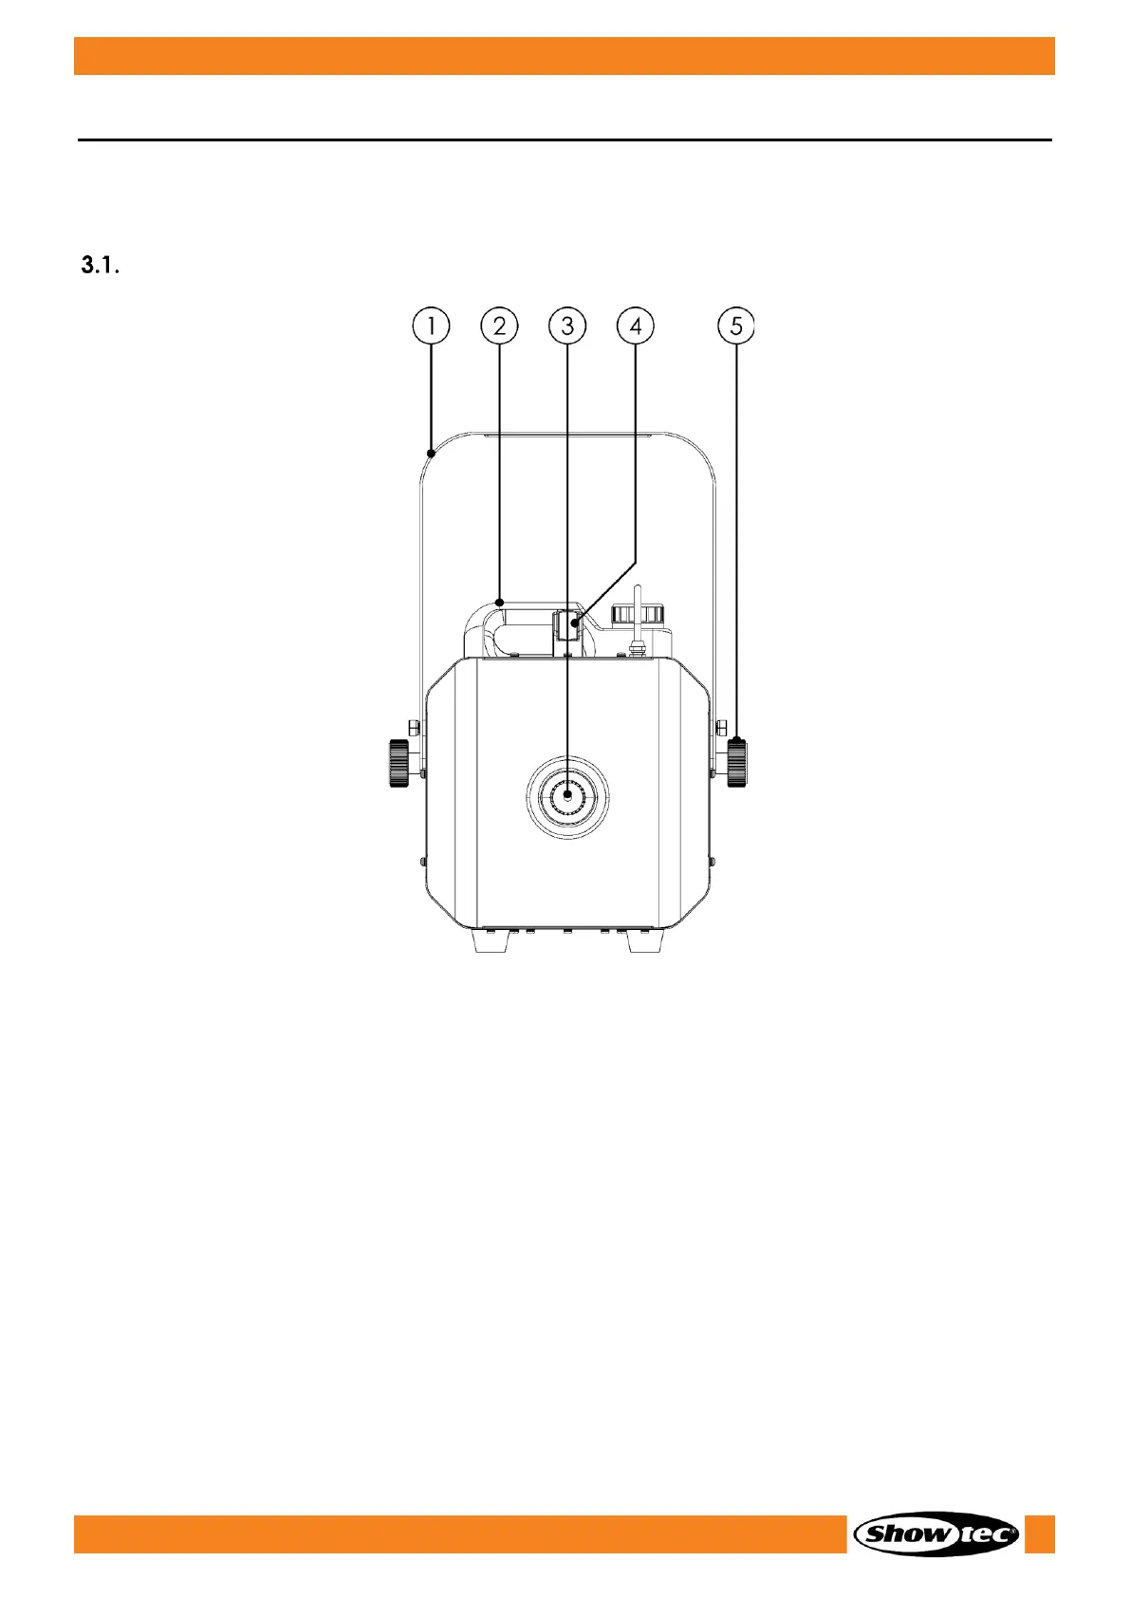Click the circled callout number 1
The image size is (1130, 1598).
pyautogui.click(x=431, y=326)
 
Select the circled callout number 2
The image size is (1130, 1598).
pyautogui.click(x=499, y=326)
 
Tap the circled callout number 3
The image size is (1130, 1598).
pyautogui.click(x=567, y=326)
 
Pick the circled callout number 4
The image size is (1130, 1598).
pyautogui.click(x=636, y=326)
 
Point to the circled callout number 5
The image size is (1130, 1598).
pyautogui.click(x=736, y=326)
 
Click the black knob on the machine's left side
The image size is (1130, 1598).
pyautogui.click(x=399, y=763)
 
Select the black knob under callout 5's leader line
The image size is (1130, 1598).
pyautogui.click(x=737, y=763)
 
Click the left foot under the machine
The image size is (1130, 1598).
pyautogui.click(x=491, y=941)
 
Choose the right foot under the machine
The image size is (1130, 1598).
pyautogui.click(x=645, y=941)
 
